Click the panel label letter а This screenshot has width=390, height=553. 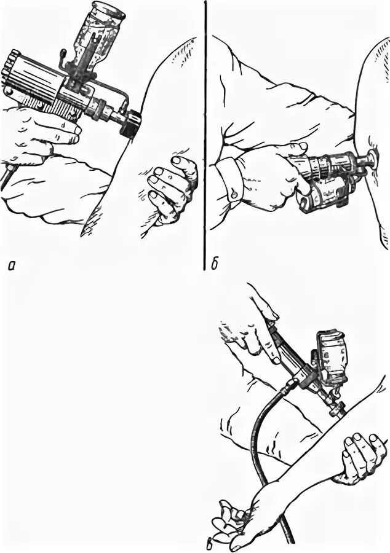10,265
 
